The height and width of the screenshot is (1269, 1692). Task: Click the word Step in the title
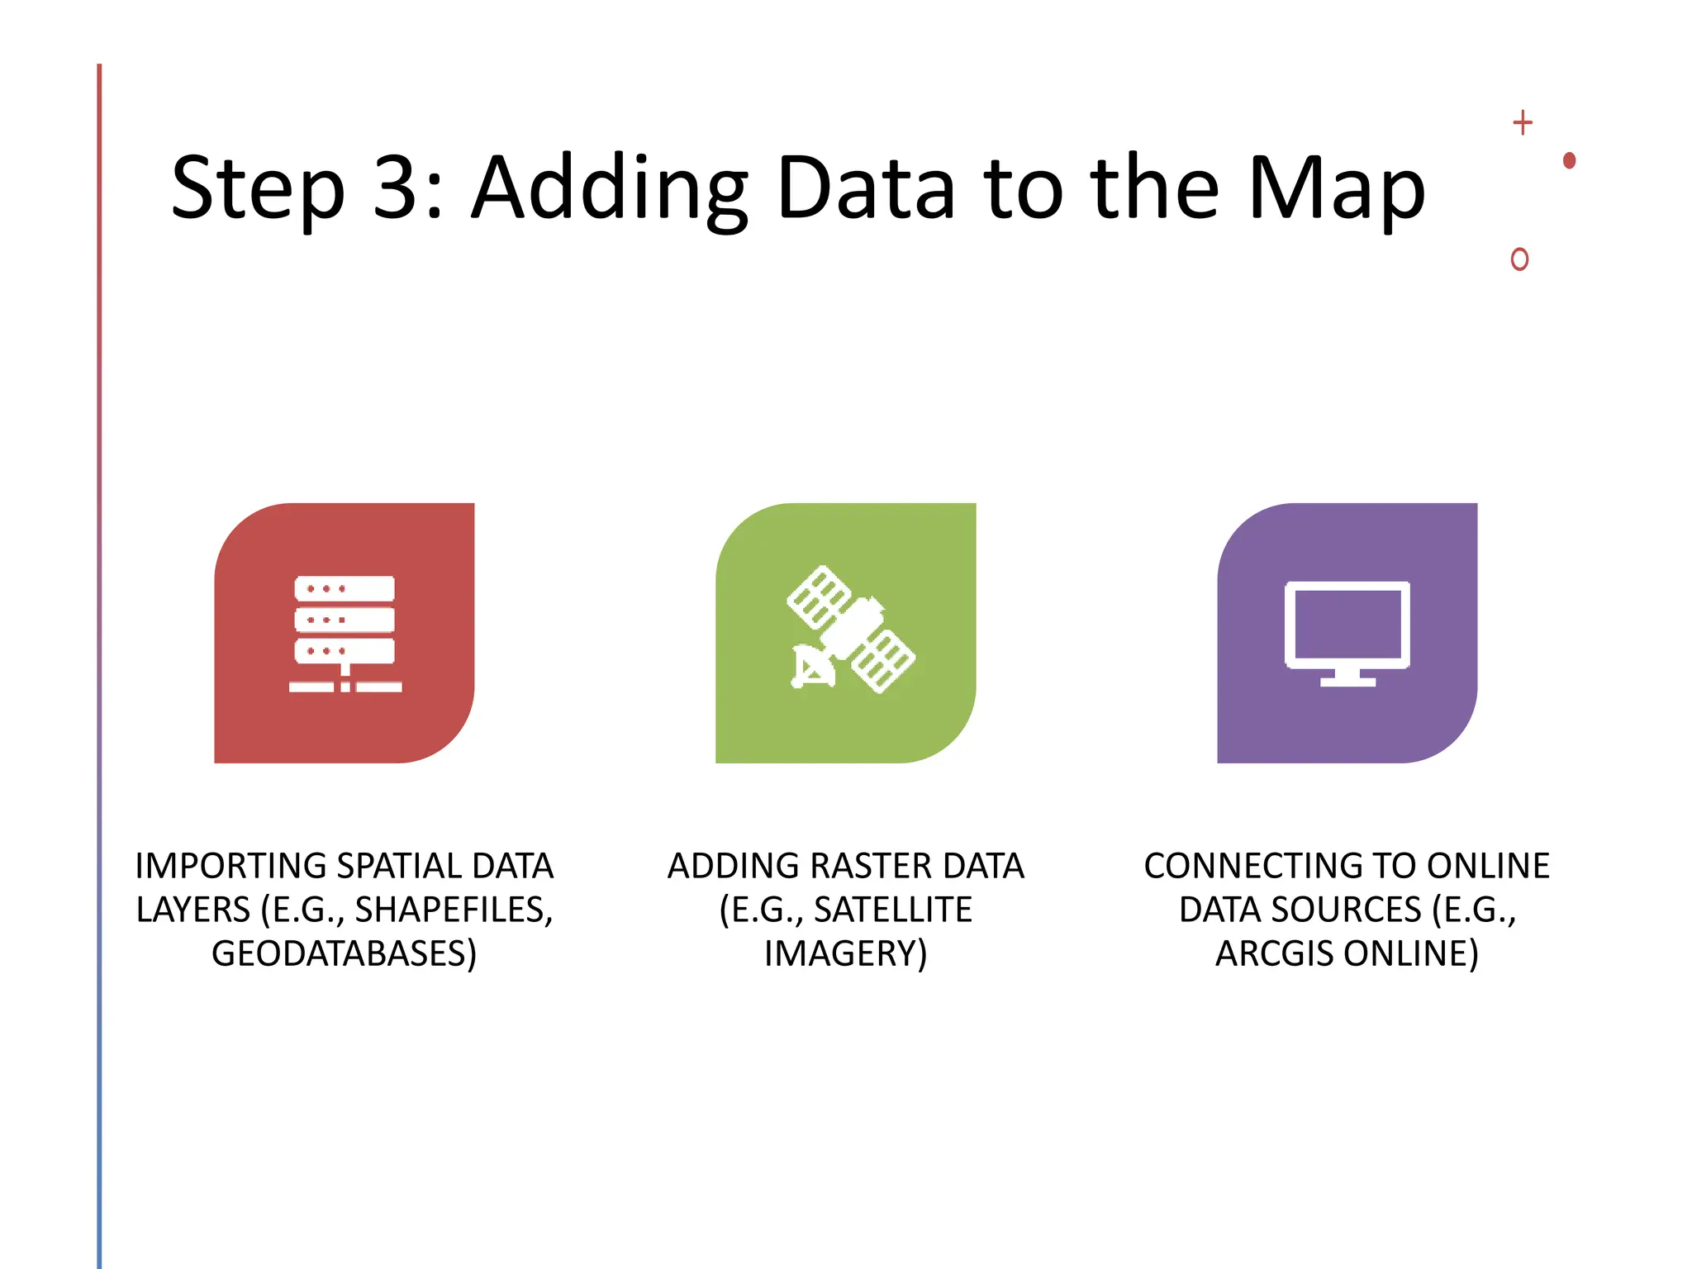[257, 189]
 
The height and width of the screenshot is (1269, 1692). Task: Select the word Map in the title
[1336, 189]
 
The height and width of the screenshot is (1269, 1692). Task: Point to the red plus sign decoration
[1522, 123]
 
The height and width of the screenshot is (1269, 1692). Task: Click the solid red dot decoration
[1569, 160]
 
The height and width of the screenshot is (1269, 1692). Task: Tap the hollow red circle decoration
[1519, 259]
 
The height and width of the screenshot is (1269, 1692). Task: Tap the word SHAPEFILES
[454, 910]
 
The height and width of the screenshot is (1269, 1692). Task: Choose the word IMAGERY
[845, 953]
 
